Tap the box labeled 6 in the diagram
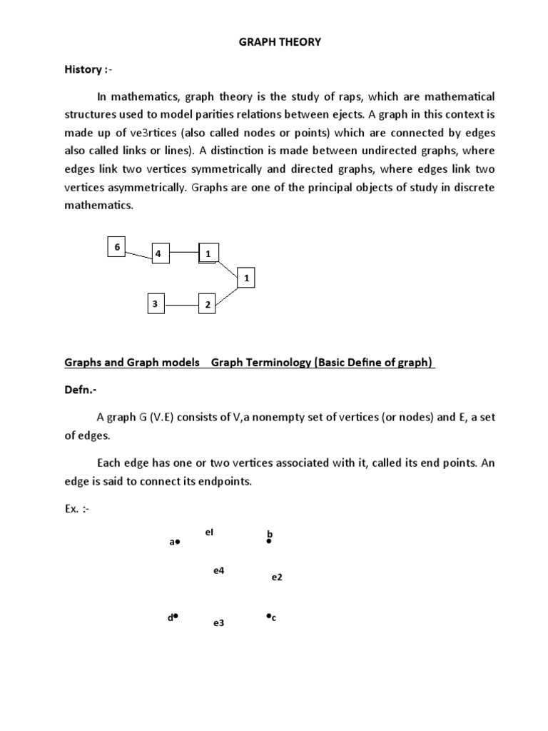[x=116, y=247]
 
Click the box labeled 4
[x=161, y=253]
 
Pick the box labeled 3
[x=155, y=304]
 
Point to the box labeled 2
[x=207, y=305]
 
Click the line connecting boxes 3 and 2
[x=181, y=305]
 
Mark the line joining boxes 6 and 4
[x=138, y=253]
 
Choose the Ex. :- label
[x=79, y=510]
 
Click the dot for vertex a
[x=178, y=543]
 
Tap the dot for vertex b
[x=269, y=542]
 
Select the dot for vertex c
[x=268, y=615]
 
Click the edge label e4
[x=219, y=570]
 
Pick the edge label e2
[x=277, y=577]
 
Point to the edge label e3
[x=218, y=623]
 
